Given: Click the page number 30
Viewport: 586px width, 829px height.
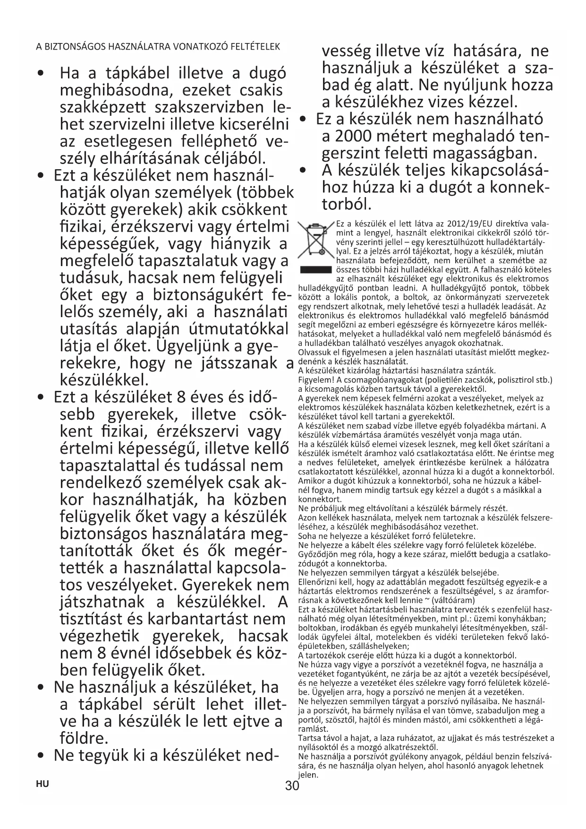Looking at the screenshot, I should (x=292, y=786).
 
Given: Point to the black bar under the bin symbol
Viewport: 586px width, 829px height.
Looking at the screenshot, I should (x=315, y=270).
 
